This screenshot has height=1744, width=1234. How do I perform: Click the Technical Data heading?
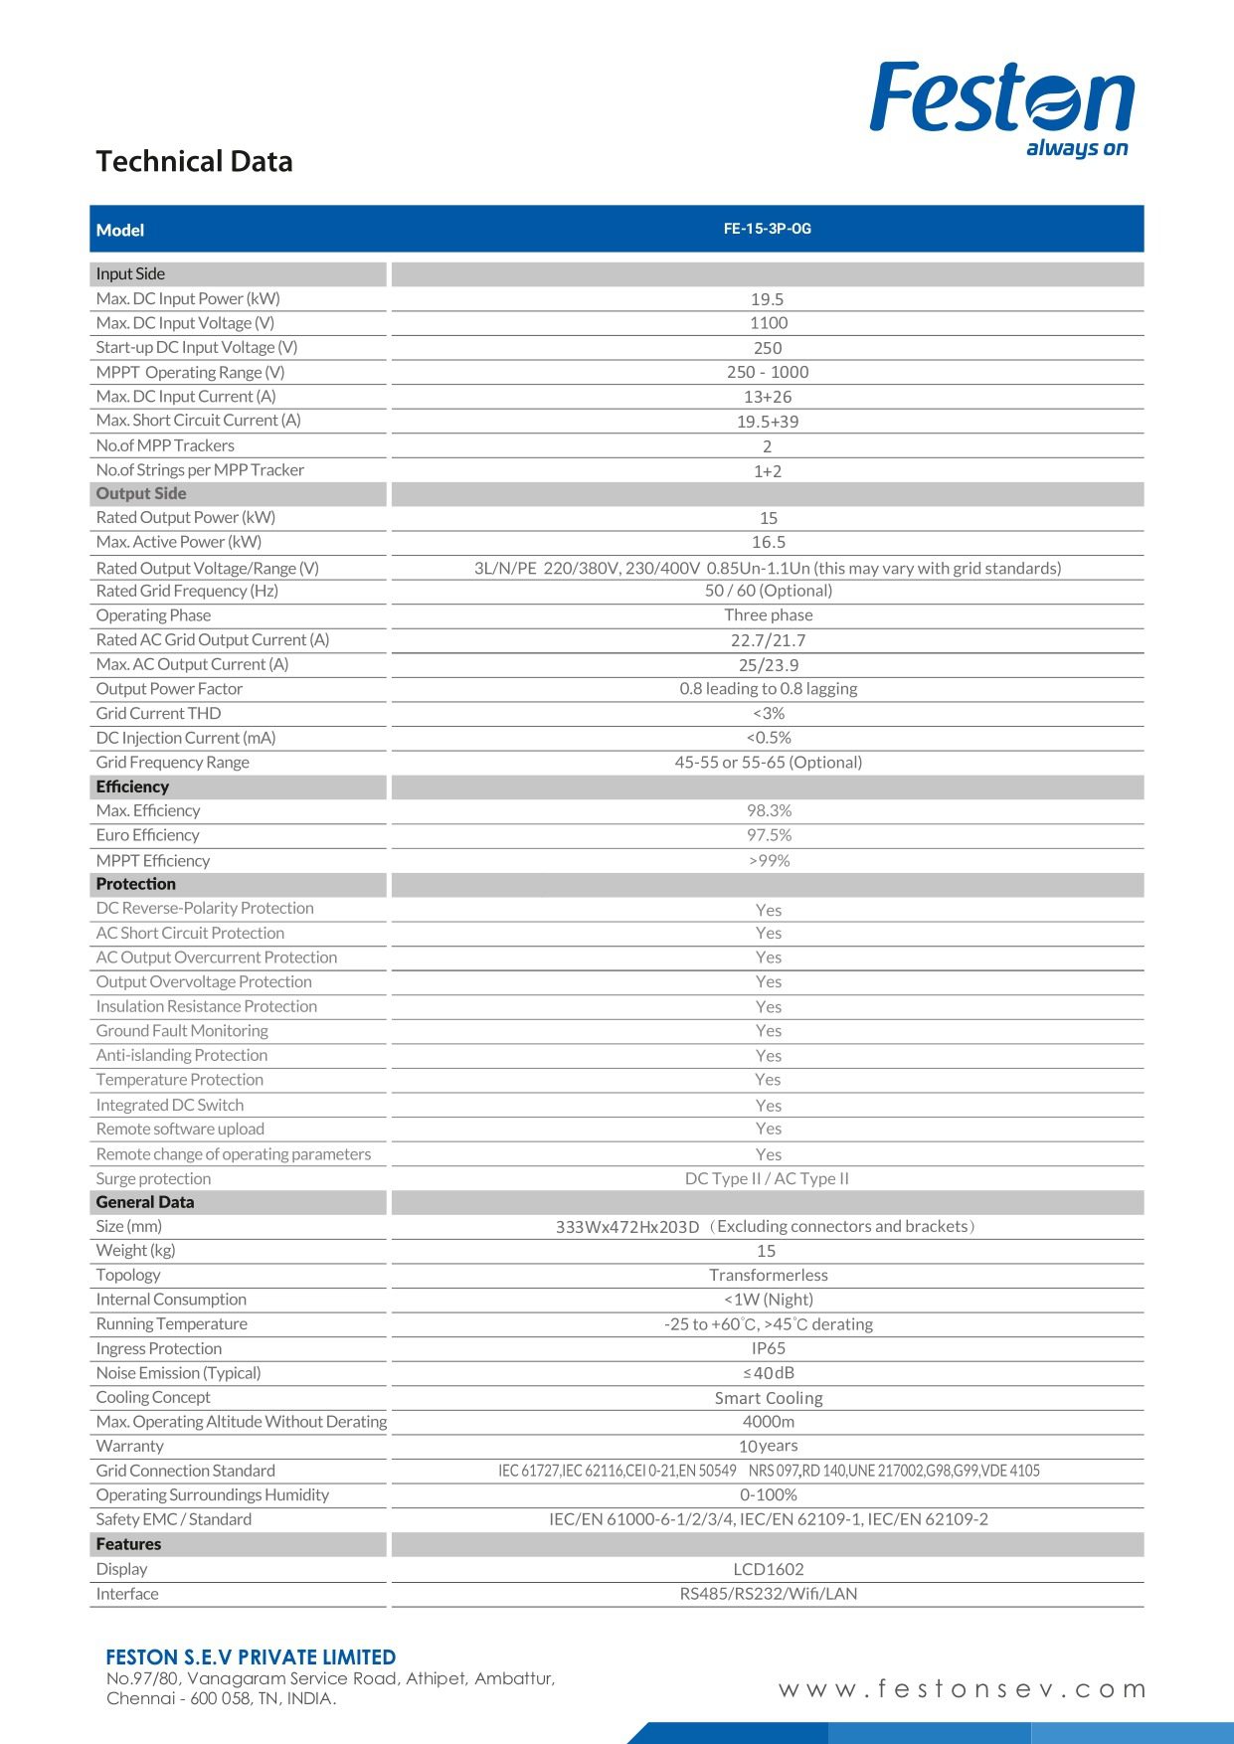click(194, 161)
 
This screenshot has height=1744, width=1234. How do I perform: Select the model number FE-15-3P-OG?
click(767, 229)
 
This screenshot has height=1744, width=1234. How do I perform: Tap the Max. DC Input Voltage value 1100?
click(768, 323)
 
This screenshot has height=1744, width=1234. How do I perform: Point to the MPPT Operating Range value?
click(768, 372)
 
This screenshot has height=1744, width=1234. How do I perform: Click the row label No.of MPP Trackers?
click(165, 445)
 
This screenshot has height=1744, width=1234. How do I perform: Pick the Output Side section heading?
click(141, 493)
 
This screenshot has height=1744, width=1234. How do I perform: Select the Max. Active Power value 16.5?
click(768, 542)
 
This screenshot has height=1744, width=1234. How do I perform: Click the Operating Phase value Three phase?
click(768, 615)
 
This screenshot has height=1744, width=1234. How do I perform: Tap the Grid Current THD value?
click(768, 713)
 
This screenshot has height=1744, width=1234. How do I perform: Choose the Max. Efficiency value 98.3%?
click(769, 810)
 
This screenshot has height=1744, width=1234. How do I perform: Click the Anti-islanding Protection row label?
click(181, 1055)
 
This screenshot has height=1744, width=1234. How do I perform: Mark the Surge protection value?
click(767, 1178)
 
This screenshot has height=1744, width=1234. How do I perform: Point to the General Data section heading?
click(145, 1202)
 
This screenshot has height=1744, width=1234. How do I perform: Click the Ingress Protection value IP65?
click(768, 1348)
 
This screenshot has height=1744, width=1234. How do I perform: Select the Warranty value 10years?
click(768, 1446)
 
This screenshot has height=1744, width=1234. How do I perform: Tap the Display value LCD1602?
click(768, 1569)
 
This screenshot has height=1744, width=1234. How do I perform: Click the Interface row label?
click(127, 1594)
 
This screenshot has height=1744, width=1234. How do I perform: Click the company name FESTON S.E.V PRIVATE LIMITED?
click(251, 1657)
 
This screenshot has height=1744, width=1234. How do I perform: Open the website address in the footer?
click(962, 1688)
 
